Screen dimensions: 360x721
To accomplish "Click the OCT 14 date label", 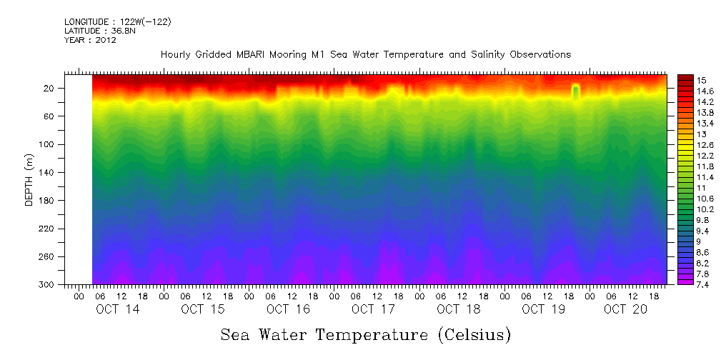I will (118, 309).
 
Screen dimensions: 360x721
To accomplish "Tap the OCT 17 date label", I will (373, 309).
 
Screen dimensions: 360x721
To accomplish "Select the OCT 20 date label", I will (625, 309).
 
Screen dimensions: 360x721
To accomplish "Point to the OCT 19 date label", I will (543, 309).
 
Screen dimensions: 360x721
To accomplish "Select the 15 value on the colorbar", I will (682, 79).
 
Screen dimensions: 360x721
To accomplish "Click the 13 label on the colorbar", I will (682, 134).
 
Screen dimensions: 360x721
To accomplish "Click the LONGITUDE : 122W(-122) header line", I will (117, 22).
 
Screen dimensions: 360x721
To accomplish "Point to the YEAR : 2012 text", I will (90, 40).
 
